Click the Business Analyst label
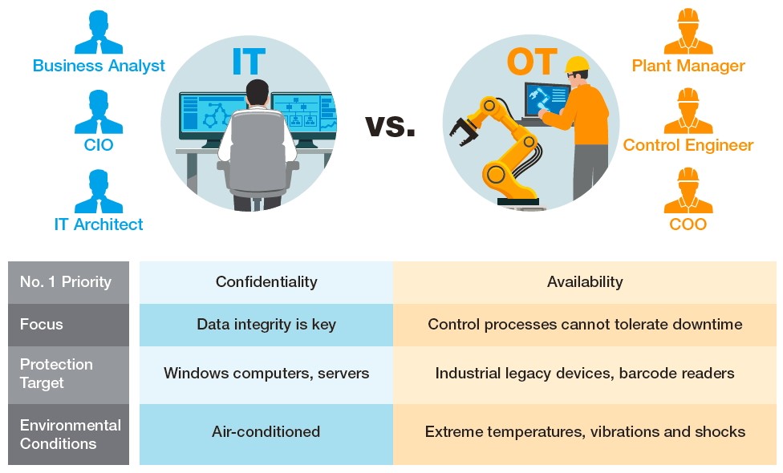(x=99, y=66)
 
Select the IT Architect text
(x=99, y=224)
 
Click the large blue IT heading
(x=249, y=62)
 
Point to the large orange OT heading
(x=532, y=62)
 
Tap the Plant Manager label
(x=688, y=66)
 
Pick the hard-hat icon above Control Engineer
(x=688, y=111)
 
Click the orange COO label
(x=688, y=224)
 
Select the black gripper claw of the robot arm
(x=464, y=131)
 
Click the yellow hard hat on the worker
(x=577, y=65)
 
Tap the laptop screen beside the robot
(x=547, y=99)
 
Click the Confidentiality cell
(x=266, y=282)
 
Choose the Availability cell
(x=585, y=282)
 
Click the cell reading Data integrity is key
(x=266, y=325)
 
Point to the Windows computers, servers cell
(x=266, y=374)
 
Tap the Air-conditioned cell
(x=266, y=431)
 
